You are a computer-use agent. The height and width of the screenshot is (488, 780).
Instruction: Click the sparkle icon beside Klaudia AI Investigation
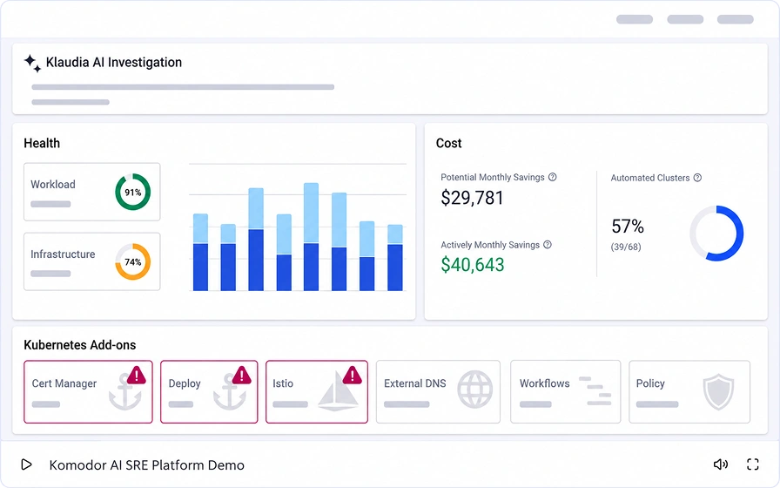point(32,64)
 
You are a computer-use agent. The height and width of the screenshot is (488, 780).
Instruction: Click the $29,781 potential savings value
point(472,198)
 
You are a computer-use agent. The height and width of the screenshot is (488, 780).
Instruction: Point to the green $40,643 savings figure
point(473,265)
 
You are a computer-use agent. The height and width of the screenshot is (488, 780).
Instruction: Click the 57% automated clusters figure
point(628,227)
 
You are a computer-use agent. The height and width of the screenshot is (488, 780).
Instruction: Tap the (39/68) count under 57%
point(626,247)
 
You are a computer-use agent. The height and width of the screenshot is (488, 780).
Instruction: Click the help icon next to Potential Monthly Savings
point(552,177)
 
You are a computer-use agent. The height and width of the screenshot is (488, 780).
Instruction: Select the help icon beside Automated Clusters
point(697,178)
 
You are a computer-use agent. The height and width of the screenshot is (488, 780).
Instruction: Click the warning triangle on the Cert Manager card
point(137,375)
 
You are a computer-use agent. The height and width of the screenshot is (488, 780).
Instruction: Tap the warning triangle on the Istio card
point(353,375)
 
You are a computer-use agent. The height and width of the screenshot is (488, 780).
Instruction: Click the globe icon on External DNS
point(475,390)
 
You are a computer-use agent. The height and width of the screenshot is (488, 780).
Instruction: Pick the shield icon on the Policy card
point(718,392)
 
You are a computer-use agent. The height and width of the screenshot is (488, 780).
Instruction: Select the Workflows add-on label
point(545,383)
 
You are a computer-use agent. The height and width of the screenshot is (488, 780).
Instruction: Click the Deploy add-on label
point(185,383)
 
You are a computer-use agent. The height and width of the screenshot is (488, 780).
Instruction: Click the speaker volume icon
point(720,464)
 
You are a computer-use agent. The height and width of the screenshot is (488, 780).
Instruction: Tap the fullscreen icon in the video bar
point(753,464)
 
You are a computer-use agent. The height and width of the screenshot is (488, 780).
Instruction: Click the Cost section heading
point(448,144)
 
